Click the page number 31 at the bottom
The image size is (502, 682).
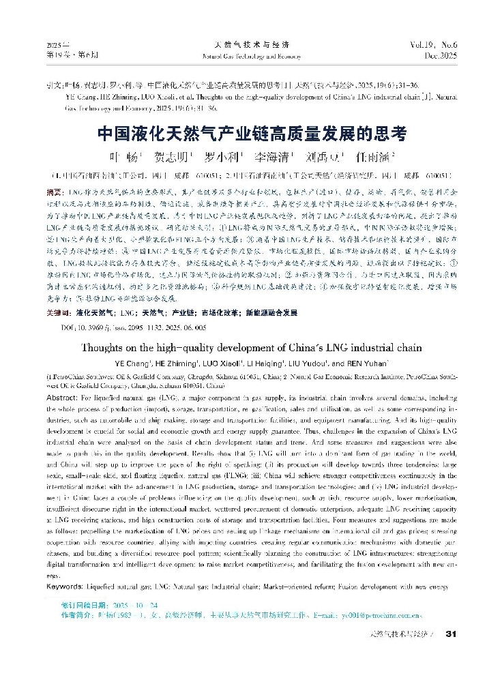[x=449, y=634]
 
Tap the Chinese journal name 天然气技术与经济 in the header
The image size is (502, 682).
[x=252, y=42]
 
